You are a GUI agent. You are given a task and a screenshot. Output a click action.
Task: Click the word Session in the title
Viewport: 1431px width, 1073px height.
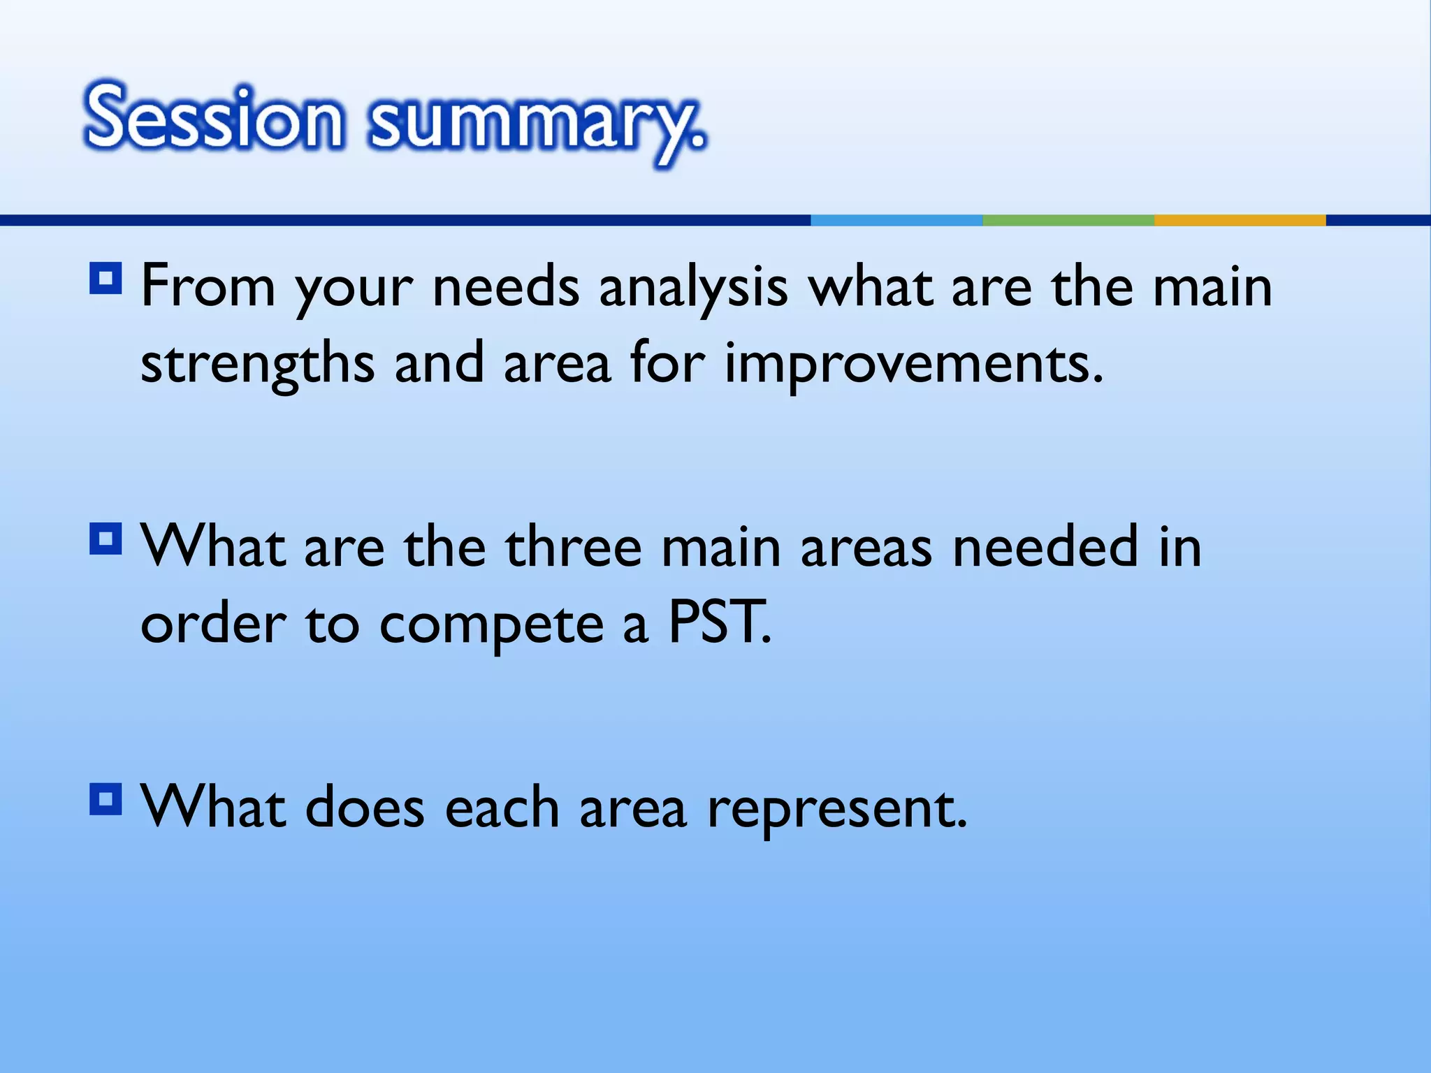tap(214, 117)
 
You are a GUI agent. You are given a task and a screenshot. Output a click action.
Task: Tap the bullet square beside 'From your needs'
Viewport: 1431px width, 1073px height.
tap(106, 279)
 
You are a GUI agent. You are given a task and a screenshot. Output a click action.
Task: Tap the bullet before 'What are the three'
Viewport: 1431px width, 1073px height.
tap(106, 539)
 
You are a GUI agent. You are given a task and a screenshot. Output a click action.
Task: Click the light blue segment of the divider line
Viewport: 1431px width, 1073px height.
tap(896, 220)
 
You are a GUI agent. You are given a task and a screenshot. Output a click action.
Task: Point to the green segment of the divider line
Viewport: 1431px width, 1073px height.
tap(1068, 220)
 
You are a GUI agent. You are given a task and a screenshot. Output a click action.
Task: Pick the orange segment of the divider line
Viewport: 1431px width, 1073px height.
tap(1240, 220)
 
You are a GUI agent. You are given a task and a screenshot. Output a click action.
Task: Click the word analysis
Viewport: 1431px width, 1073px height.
tap(693, 288)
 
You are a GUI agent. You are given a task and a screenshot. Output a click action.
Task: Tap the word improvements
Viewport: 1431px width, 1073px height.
tap(913, 363)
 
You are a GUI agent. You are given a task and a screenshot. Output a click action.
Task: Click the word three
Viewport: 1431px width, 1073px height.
tap(573, 548)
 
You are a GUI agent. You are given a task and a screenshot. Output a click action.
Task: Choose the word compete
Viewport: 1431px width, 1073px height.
tap(491, 625)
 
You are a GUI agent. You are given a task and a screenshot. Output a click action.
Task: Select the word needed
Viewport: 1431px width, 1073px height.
tap(1046, 548)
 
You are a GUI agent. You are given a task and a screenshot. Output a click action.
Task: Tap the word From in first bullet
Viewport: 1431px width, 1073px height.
tap(208, 286)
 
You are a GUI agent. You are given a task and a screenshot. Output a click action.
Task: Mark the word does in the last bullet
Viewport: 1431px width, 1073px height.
tap(365, 808)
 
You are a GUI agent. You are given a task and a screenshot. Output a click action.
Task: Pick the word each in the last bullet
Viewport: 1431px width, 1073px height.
tap(502, 808)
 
